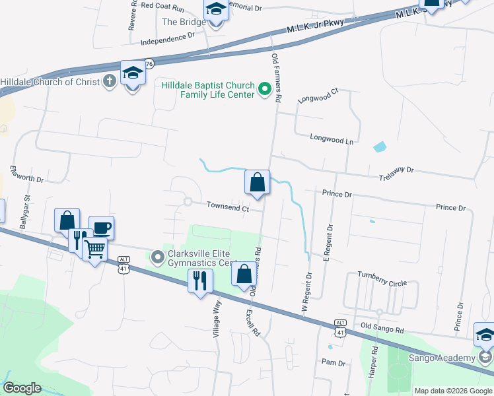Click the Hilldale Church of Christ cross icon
pos(110,82)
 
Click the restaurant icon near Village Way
pos(199,282)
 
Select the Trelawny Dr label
pos(396,170)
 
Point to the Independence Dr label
pos(168,40)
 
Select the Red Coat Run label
pos(162,6)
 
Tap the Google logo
pos(22,387)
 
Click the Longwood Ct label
pos(318,96)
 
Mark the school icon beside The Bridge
pos(215,13)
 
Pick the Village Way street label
pos(216,319)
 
